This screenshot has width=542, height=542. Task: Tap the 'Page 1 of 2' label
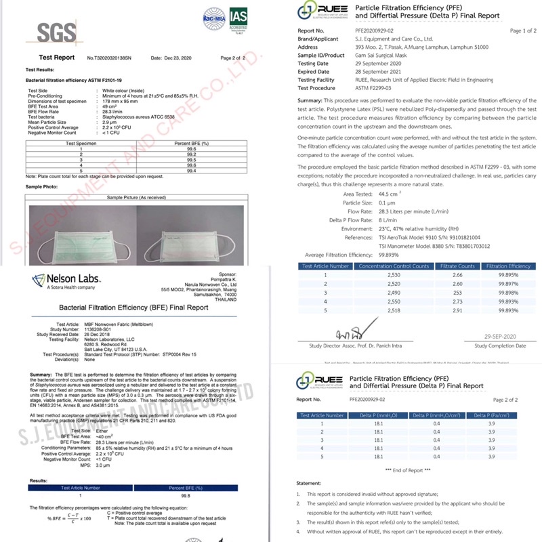[522, 31]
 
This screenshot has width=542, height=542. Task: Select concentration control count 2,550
[383, 300]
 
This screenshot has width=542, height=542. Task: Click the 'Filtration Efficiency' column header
[507, 266]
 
